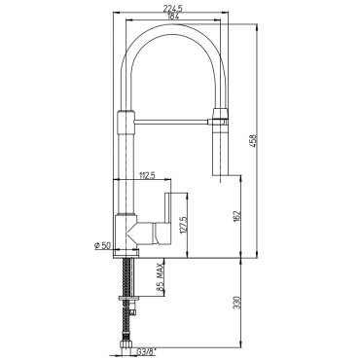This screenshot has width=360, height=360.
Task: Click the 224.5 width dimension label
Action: coord(171,9)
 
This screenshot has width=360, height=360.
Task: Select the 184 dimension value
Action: coord(173,17)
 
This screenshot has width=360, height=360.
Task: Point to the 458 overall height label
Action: coord(254,141)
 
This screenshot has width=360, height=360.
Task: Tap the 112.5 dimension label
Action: coord(147,175)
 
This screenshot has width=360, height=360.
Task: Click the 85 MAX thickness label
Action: coord(160,279)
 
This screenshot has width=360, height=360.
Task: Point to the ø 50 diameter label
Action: coord(103,245)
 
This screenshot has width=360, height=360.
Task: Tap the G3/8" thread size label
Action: coord(147,352)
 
